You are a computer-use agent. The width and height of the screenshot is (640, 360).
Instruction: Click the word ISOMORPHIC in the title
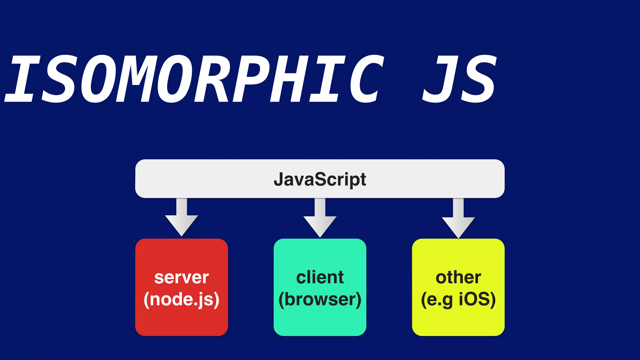click(x=194, y=79)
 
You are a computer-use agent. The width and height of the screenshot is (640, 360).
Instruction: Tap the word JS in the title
click(x=459, y=79)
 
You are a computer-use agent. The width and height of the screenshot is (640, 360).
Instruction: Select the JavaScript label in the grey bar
click(x=320, y=179)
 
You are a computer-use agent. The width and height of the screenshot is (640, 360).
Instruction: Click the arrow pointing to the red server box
click(x=182, y=219)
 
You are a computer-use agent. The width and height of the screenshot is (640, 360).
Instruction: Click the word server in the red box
click(x=182, y=277)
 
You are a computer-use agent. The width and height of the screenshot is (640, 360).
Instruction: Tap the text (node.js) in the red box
click(x=182, y=299)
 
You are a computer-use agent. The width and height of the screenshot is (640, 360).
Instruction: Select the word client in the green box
click(x=320, y=277)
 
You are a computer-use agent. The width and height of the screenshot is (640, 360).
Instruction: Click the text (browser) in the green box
click(x=320, y=299)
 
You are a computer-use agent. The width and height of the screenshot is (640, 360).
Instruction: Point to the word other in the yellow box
click(x=458, y=277)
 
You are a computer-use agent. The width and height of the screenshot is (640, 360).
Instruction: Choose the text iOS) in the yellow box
click(x=477, y=299)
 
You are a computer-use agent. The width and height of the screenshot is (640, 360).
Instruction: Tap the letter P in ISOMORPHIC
click(x=252, y=79)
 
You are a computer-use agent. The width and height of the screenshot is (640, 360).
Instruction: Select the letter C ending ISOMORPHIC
click(x=366, y=79)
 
